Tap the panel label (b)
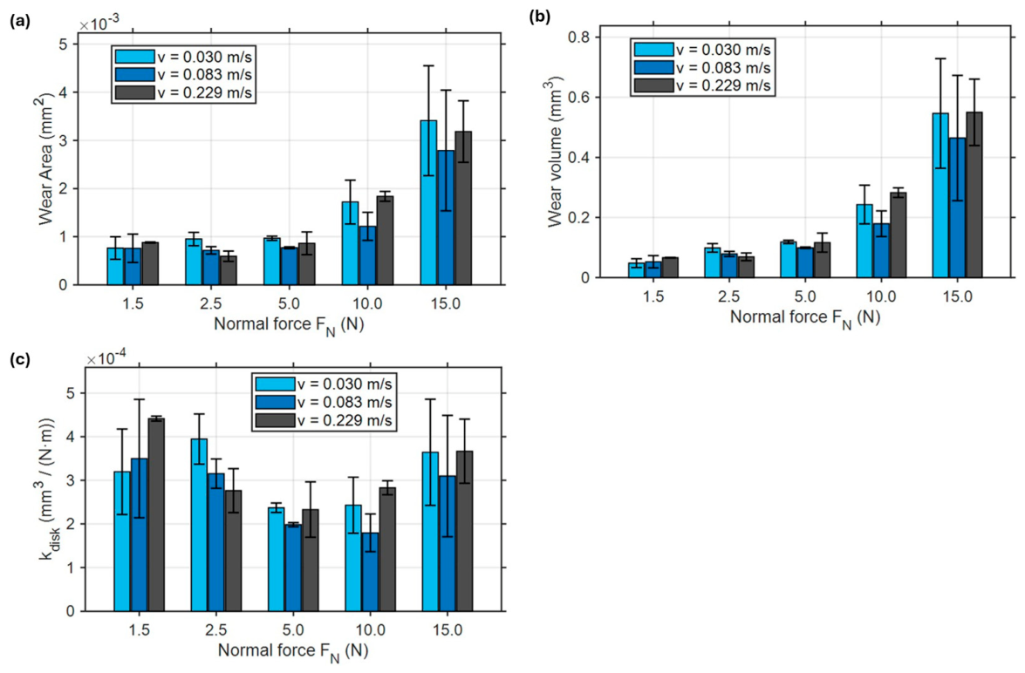tap(539, 17)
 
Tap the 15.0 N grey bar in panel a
tap(463, 207)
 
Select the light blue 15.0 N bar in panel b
tap(940, 195)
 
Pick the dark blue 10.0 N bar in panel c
tap(370, 572)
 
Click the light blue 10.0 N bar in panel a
tap(351, 243)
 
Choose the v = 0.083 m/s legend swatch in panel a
tap(134, 74)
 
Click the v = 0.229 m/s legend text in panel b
tap(723, 85)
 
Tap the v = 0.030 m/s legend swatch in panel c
tap(275, 384)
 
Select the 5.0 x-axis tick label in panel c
tap(293, 630)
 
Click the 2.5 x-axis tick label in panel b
tap(729, 296)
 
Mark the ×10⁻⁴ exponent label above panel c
tap(106, 358)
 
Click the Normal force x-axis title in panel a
tap(289, 325)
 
